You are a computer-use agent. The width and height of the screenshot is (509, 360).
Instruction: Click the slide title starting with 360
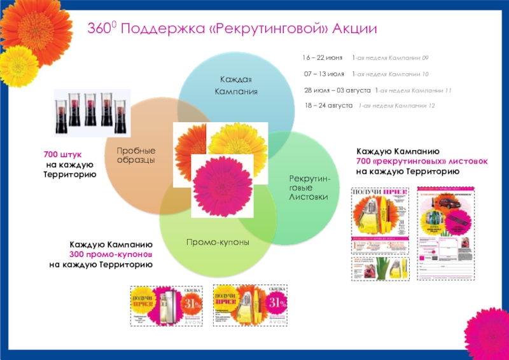[232, 30]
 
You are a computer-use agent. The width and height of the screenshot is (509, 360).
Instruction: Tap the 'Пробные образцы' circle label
[136, 155]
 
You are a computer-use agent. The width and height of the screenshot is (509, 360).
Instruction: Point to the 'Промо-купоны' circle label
[218, 242]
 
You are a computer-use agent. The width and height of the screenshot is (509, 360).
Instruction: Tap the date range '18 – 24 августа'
[328, 106]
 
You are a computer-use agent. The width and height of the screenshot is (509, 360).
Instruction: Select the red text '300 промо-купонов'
[111, 254]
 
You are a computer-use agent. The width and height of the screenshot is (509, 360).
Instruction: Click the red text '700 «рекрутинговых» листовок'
[422, 162]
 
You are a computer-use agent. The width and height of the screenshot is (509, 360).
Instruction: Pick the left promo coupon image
[166, 305]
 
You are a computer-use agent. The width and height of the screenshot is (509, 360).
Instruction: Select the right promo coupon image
[250, 305]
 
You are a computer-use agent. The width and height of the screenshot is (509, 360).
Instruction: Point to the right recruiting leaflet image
[448, 232]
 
